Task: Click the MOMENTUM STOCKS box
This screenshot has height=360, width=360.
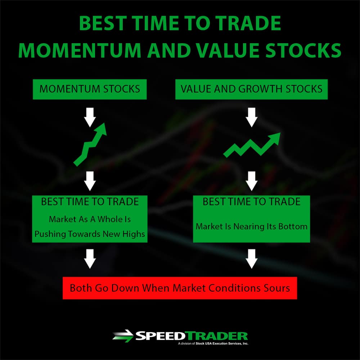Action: [x=90, y=89]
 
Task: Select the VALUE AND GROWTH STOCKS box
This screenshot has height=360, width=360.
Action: [x=251, y=89]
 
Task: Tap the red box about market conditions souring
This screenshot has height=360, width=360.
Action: [x=180, y=288]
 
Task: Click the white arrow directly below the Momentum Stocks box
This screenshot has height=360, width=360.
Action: [x=90, y=117]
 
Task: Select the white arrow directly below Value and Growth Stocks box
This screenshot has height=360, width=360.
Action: [x=252, y=117]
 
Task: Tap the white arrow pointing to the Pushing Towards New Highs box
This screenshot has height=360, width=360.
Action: [x=90, y=181]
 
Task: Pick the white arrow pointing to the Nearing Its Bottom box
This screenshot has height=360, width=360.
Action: [x=252, y=181]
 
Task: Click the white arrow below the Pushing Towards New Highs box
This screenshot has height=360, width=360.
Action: [x=90, y=259]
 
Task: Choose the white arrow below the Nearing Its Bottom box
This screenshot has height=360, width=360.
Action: [x=252, y=259]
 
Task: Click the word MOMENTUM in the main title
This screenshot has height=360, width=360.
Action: [x=80, y=50]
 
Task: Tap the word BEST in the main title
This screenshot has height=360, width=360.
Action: [x=103, y=23]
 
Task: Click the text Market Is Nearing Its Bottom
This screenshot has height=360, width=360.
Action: [x=251, y=226]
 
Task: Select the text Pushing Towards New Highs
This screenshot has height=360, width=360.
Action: [x=90, y=234]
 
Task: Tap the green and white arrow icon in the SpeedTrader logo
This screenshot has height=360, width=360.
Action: [x=123, y=336]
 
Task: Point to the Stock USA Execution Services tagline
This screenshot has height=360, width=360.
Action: [x=213, y=343]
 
